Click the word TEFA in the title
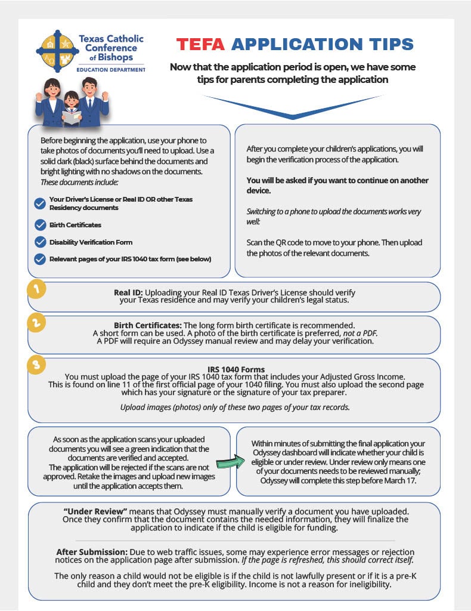[201, 44]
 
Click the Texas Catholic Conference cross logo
[58, 50]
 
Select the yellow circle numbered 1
[37, 290]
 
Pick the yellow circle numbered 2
[37, 323]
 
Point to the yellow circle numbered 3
[37, 365]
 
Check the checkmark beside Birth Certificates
[40, 225]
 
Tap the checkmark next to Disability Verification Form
[40, 242]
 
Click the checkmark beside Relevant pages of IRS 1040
[40, 259]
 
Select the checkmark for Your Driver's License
[40, 203]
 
